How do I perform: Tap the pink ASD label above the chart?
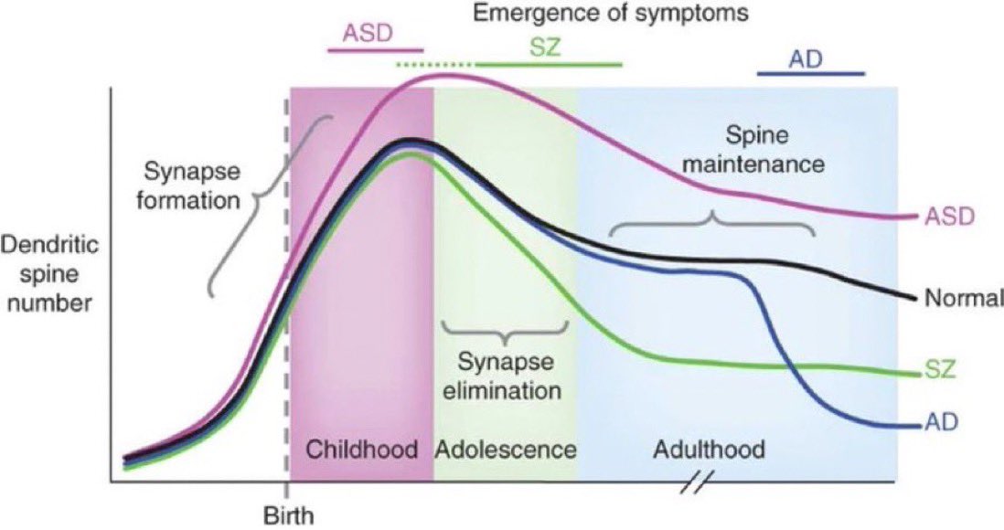[x=367, y=33]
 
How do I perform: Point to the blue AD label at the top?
[x=805, y=60]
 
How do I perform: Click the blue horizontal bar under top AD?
[x=811, y=75]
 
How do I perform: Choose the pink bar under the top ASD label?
[x=376, y=48]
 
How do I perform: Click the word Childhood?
[x=361, y=450]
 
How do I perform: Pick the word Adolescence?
[x=506, y=450]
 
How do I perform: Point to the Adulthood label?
[x=709, y=450]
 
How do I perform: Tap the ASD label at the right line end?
[x=950, y=217]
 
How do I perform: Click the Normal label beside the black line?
[x=963, y=298]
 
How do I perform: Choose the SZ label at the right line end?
[x=940, y=371]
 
